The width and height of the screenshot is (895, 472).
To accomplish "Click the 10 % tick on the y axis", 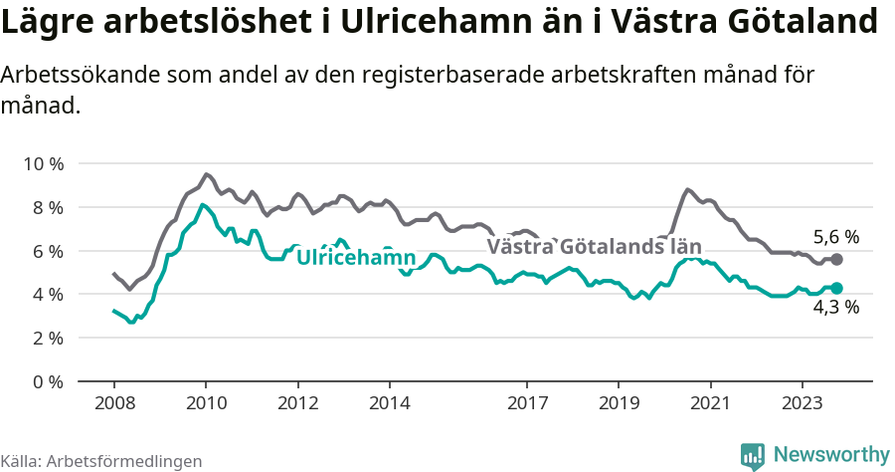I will click(42, 163).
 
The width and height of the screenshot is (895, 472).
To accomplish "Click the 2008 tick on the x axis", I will click(113, 404).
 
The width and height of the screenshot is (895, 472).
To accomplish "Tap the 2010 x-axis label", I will click(206, 404).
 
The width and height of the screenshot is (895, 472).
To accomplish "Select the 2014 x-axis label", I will click(389, 404).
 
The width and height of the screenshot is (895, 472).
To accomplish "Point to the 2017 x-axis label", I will click(527, 404).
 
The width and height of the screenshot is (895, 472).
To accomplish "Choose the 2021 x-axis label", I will click(710, 404).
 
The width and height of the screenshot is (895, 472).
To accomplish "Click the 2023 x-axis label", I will click(802, 404).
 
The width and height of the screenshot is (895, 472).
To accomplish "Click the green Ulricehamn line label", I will click(355, 258).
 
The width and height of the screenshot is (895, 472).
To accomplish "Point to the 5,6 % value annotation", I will click(835, 237).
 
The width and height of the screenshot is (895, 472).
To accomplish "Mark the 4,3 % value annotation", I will click(835, 308).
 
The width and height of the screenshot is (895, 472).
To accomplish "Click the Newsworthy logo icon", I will click(753, 455).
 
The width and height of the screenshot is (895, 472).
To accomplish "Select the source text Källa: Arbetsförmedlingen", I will click(101, 461).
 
